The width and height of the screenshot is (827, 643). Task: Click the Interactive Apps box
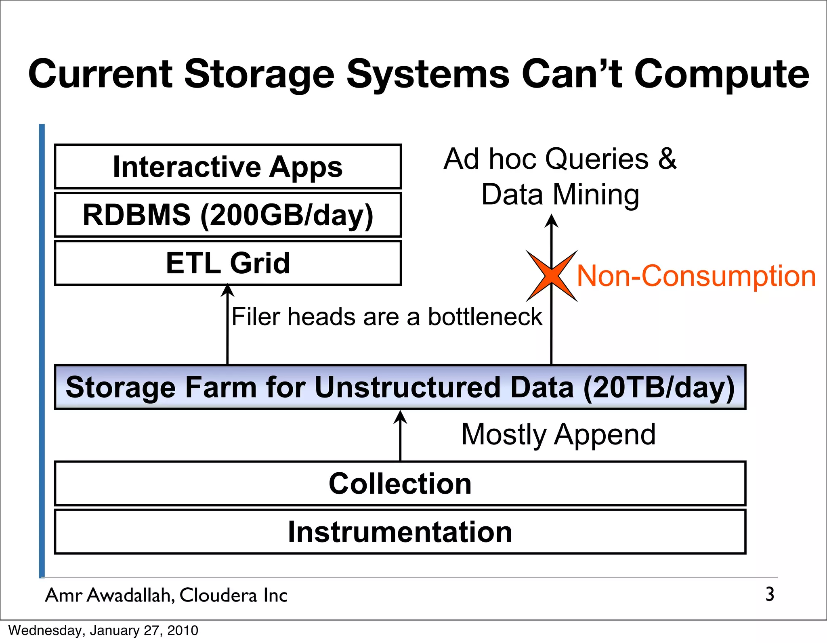(228, 167)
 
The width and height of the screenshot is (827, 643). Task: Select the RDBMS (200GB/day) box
(228, 215)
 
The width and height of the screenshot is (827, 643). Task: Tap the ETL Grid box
(228, 263)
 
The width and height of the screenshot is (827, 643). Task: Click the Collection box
(400, 483)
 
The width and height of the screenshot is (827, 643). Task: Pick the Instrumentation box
(400, 532)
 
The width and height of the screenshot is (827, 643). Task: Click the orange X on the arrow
(552, 276)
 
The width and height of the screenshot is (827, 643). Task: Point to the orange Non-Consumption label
(696, 276)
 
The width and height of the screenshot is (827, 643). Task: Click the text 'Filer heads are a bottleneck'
(386, 316)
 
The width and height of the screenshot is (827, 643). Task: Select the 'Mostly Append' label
(558, 434)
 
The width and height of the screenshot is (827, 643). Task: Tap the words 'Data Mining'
(560, 195)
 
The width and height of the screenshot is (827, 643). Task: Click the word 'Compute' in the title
(722, 74)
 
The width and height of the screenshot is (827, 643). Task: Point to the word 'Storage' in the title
(259, 74)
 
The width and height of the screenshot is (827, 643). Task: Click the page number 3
(770, 594)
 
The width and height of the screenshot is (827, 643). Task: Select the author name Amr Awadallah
(109, 595)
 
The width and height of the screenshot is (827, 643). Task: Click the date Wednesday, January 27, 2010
(103, 630)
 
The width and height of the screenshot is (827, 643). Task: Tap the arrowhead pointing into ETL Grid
(228, 290)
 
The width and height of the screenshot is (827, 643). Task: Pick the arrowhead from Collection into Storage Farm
(400, 417)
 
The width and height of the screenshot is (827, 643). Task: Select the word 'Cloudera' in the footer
(218, 595)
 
